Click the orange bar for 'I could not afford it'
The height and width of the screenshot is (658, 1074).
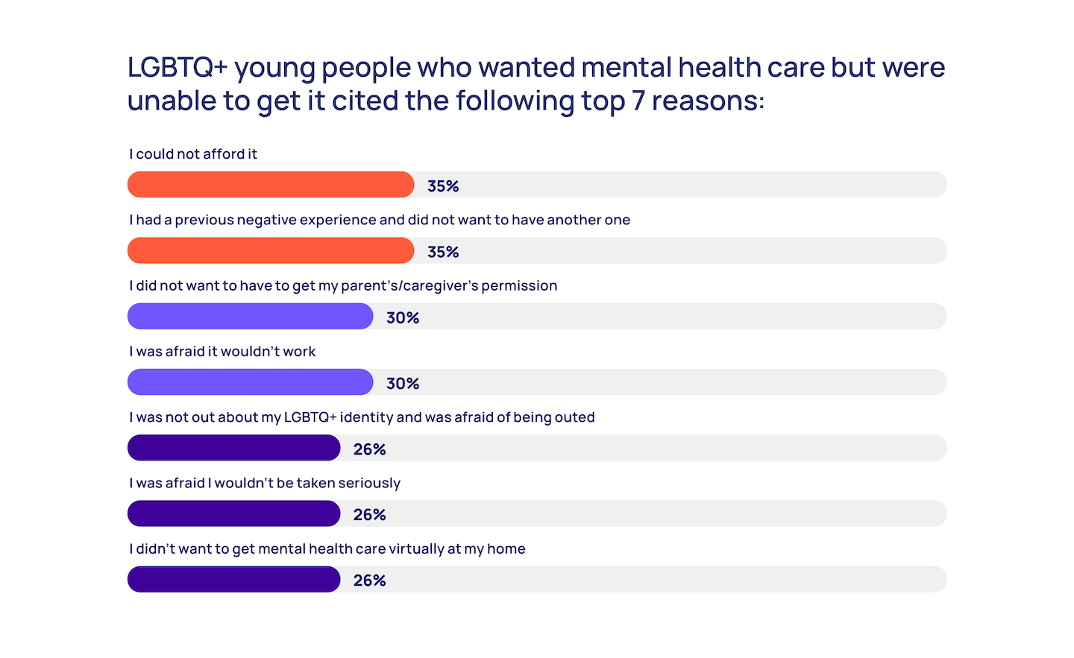270,185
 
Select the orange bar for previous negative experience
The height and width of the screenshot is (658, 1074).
270,250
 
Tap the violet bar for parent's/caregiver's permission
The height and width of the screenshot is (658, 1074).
250,316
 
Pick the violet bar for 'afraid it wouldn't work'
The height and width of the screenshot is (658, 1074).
250,382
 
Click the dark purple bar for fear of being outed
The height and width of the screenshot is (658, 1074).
233,448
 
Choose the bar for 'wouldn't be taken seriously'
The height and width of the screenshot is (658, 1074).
233,513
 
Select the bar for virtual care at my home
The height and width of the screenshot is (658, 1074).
233,579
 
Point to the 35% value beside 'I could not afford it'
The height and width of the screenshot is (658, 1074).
443,186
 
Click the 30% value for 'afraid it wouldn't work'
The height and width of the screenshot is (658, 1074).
403,384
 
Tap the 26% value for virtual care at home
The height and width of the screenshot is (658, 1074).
370,581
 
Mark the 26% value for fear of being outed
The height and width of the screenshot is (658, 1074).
370,449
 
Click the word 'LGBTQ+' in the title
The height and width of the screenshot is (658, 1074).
178,68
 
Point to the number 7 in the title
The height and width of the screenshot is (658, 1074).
638,101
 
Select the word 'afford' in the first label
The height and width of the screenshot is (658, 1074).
224,154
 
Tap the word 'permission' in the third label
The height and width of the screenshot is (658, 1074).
519,286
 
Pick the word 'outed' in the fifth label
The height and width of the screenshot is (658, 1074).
575,417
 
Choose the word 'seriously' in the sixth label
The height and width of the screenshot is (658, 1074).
369,484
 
